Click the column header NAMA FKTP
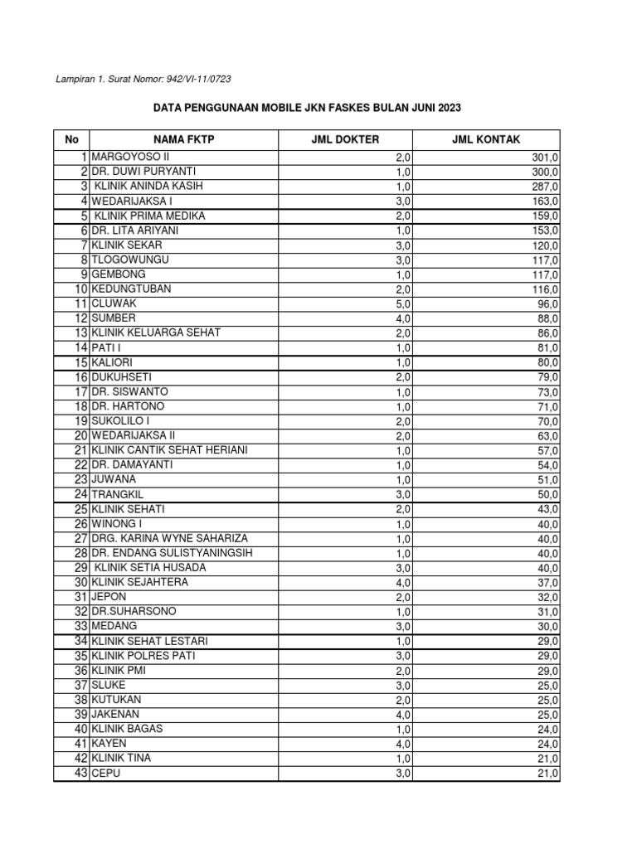(x=183, y=140)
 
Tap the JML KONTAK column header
(x=486, y=140)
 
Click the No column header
(x=71, y=140)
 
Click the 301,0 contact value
(x=545, y=157)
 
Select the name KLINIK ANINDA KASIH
(x=149, y=187)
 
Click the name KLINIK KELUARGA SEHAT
(x=156, y=333)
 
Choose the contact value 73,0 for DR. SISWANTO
(x=548, y=392)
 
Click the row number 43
(x=80, y=774)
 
